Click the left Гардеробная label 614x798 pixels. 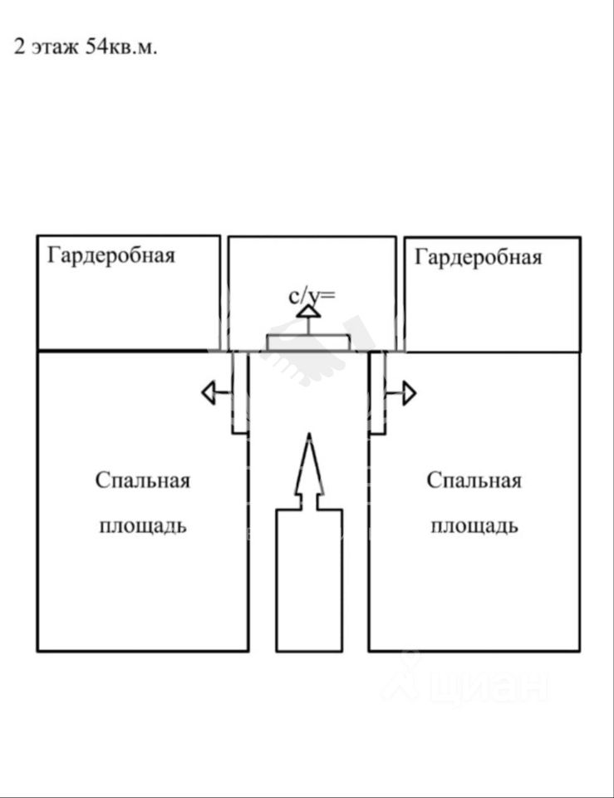point(111,254)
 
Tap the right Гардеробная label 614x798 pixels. point(478,257)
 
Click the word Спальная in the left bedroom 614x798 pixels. point(142,480)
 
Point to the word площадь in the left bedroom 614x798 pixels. point(142,525)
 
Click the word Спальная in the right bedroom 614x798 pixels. point(474,480)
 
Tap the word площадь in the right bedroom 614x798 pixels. point(474,525)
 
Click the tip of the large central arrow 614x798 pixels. point(309,437)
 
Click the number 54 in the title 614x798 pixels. point(95,47)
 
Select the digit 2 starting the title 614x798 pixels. point(17,47)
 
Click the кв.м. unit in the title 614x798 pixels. point(132,47)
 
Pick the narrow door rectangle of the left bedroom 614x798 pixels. point(239,392)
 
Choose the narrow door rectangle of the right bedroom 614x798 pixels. point(377,392)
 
